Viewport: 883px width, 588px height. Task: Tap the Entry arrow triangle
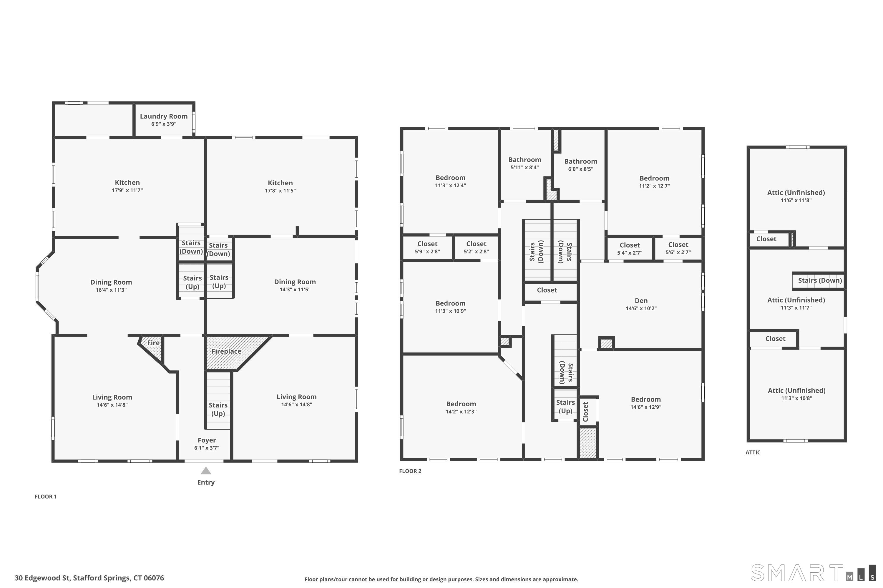[206, 471]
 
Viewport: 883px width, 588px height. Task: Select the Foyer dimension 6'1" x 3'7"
[207, 448]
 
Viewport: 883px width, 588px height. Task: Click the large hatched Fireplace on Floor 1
[226, 351]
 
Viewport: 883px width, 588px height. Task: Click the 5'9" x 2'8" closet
[427, 248]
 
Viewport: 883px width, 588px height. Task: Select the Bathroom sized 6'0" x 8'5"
[580, 165]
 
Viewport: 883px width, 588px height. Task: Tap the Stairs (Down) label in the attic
[819, 280]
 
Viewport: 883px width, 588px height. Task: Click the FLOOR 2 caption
[410, 471]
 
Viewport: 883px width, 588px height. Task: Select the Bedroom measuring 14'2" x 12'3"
[461, 407]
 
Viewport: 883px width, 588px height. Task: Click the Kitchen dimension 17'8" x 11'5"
[280, 191]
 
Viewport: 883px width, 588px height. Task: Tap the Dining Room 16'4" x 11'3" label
[111, 285]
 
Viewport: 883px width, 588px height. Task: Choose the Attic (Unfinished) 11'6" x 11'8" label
[796, 196]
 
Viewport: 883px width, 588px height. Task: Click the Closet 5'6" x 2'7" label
[678, 248]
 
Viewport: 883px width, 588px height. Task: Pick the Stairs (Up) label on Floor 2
[565, 407]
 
